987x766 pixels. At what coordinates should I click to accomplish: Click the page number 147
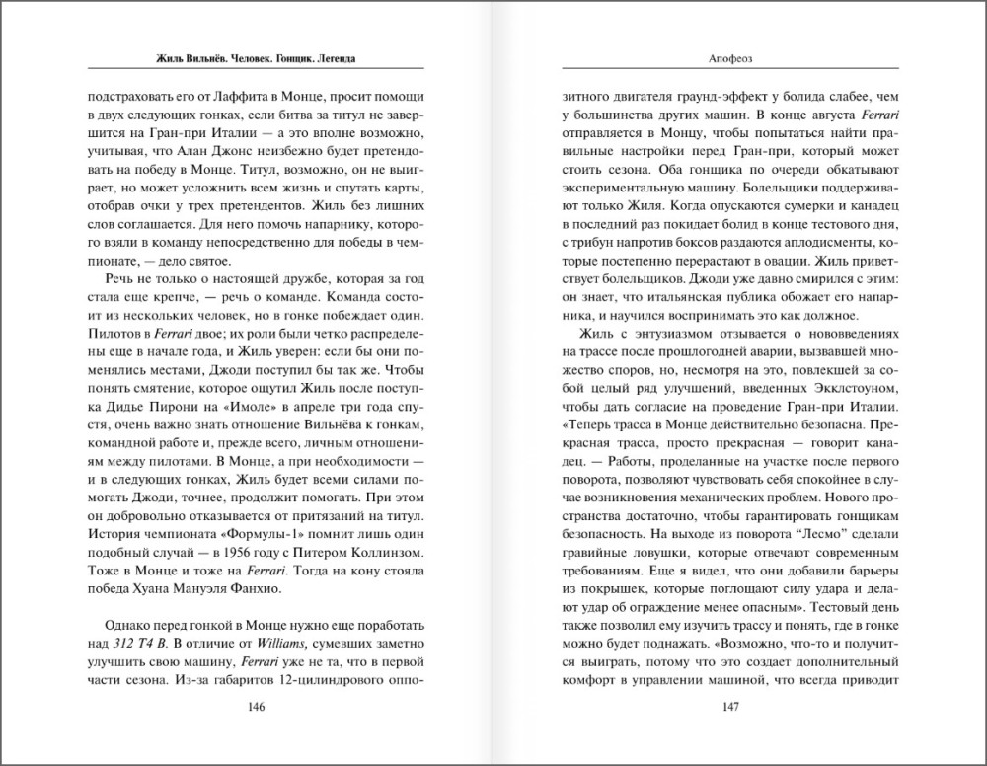point(730,707)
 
